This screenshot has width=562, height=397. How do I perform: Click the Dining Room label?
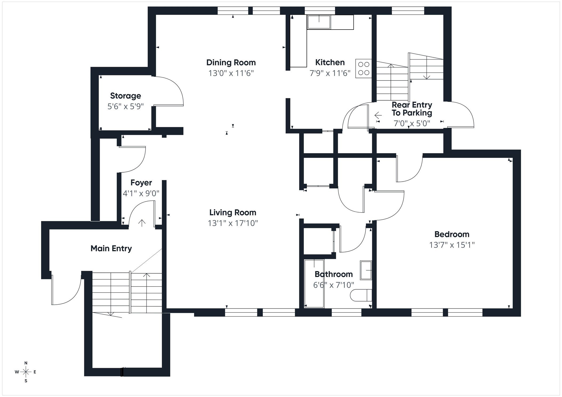(231, 63)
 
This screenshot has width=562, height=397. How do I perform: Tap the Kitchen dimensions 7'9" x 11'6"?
(330, 73)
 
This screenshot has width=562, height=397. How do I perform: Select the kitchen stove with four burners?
(363, 68)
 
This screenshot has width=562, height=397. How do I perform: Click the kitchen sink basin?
(319, 22)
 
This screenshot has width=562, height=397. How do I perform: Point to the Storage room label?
(126, 96)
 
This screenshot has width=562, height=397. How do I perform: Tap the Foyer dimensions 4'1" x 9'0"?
(141, 193)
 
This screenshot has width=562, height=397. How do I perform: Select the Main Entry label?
(111, 248)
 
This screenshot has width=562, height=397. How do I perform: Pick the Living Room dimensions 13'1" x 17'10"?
(233, 223)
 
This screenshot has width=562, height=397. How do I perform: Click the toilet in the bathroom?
(360, 295)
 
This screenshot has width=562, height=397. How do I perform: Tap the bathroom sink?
(366, 270)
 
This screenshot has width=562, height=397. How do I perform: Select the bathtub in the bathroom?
(314, 284)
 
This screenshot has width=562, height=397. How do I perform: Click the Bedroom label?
(452, 234)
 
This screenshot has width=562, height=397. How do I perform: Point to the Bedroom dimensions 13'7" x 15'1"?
(452, 245)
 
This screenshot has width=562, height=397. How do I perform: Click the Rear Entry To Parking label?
(412, 109)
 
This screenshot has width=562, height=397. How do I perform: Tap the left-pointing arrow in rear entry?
(378, 115)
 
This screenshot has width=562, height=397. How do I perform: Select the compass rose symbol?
(26, 372)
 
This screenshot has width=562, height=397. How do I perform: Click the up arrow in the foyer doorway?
(142, 223)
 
